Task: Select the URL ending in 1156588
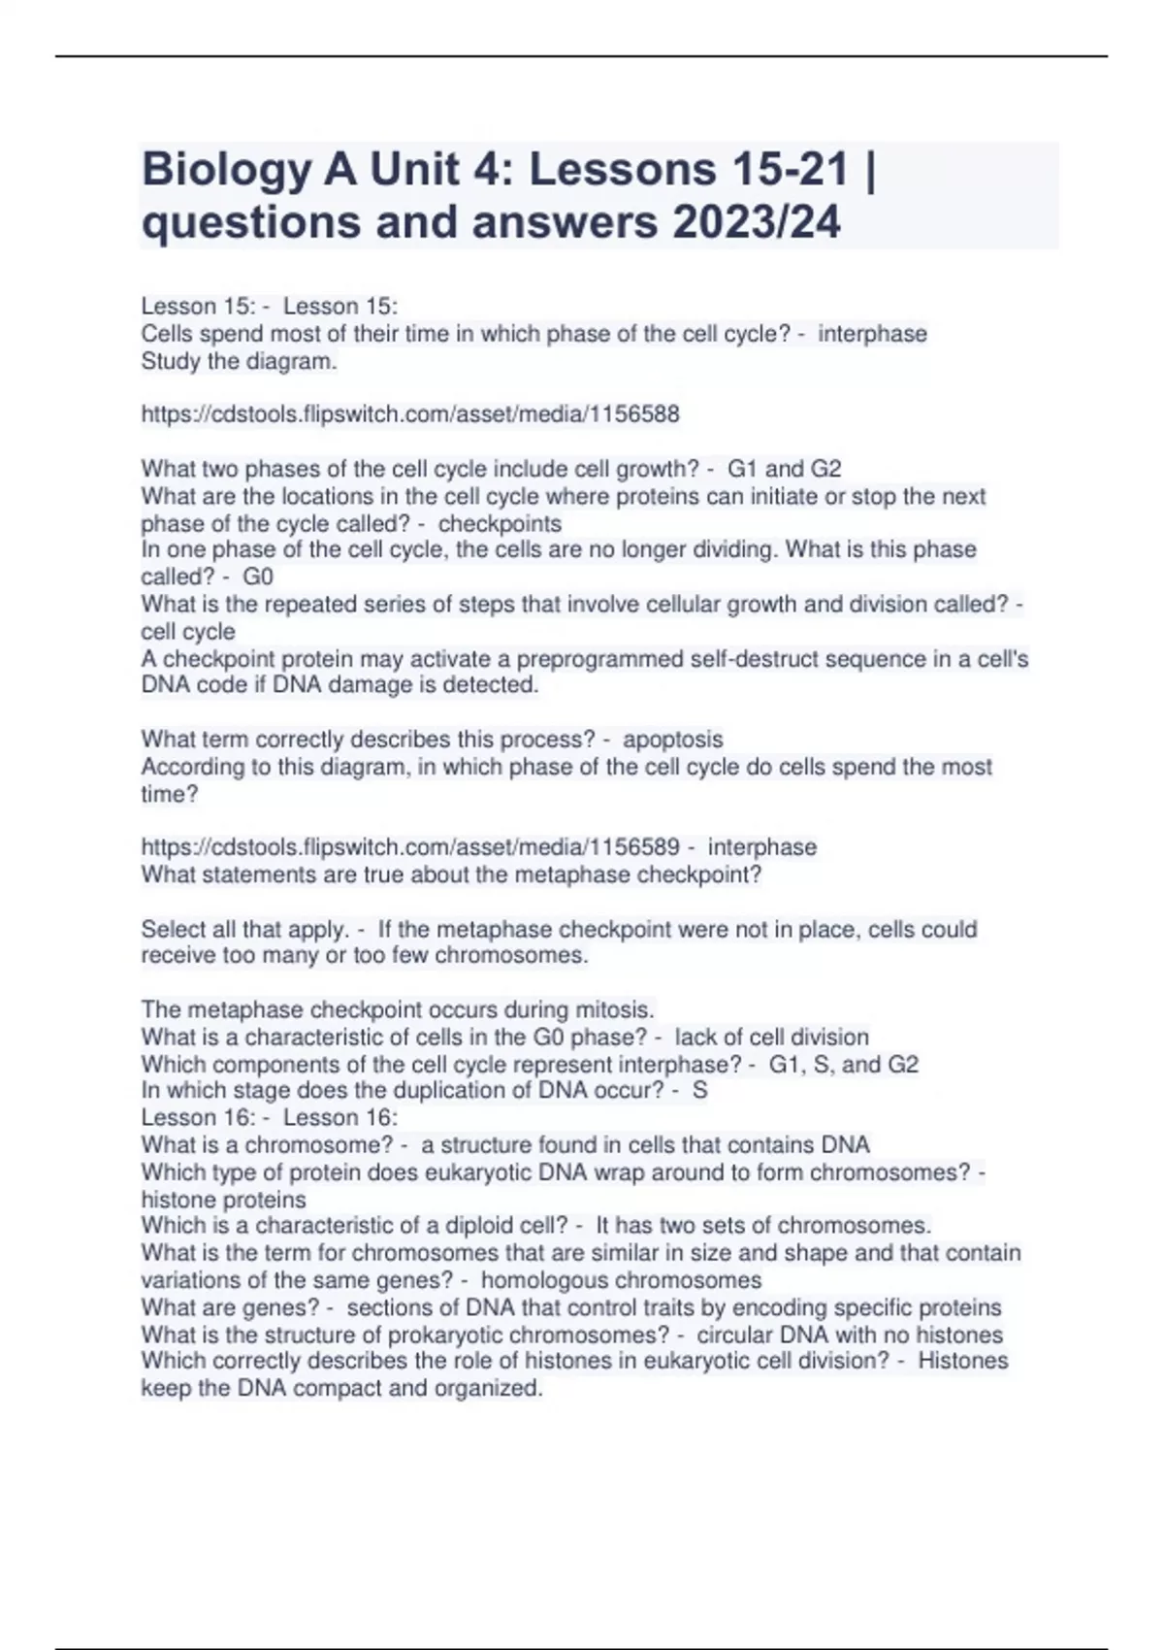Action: click(410, 414)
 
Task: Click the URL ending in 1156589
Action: click(410, 847)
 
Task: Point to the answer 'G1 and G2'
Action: click(784, 469)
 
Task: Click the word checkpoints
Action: click(500, 524)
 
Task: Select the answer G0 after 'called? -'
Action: click(258, 577)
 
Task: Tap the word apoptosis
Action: click(672, 740)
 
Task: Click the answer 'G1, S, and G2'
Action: click(843, 1065)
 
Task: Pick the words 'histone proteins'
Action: click(223, 1200)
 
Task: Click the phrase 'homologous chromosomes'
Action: click(621, 1280)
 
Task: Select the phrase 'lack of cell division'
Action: click(771, 1038)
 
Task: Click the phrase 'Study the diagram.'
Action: click(239, 362)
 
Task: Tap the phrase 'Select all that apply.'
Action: click(244, 930)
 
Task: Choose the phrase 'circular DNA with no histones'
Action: click(850, 1336)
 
